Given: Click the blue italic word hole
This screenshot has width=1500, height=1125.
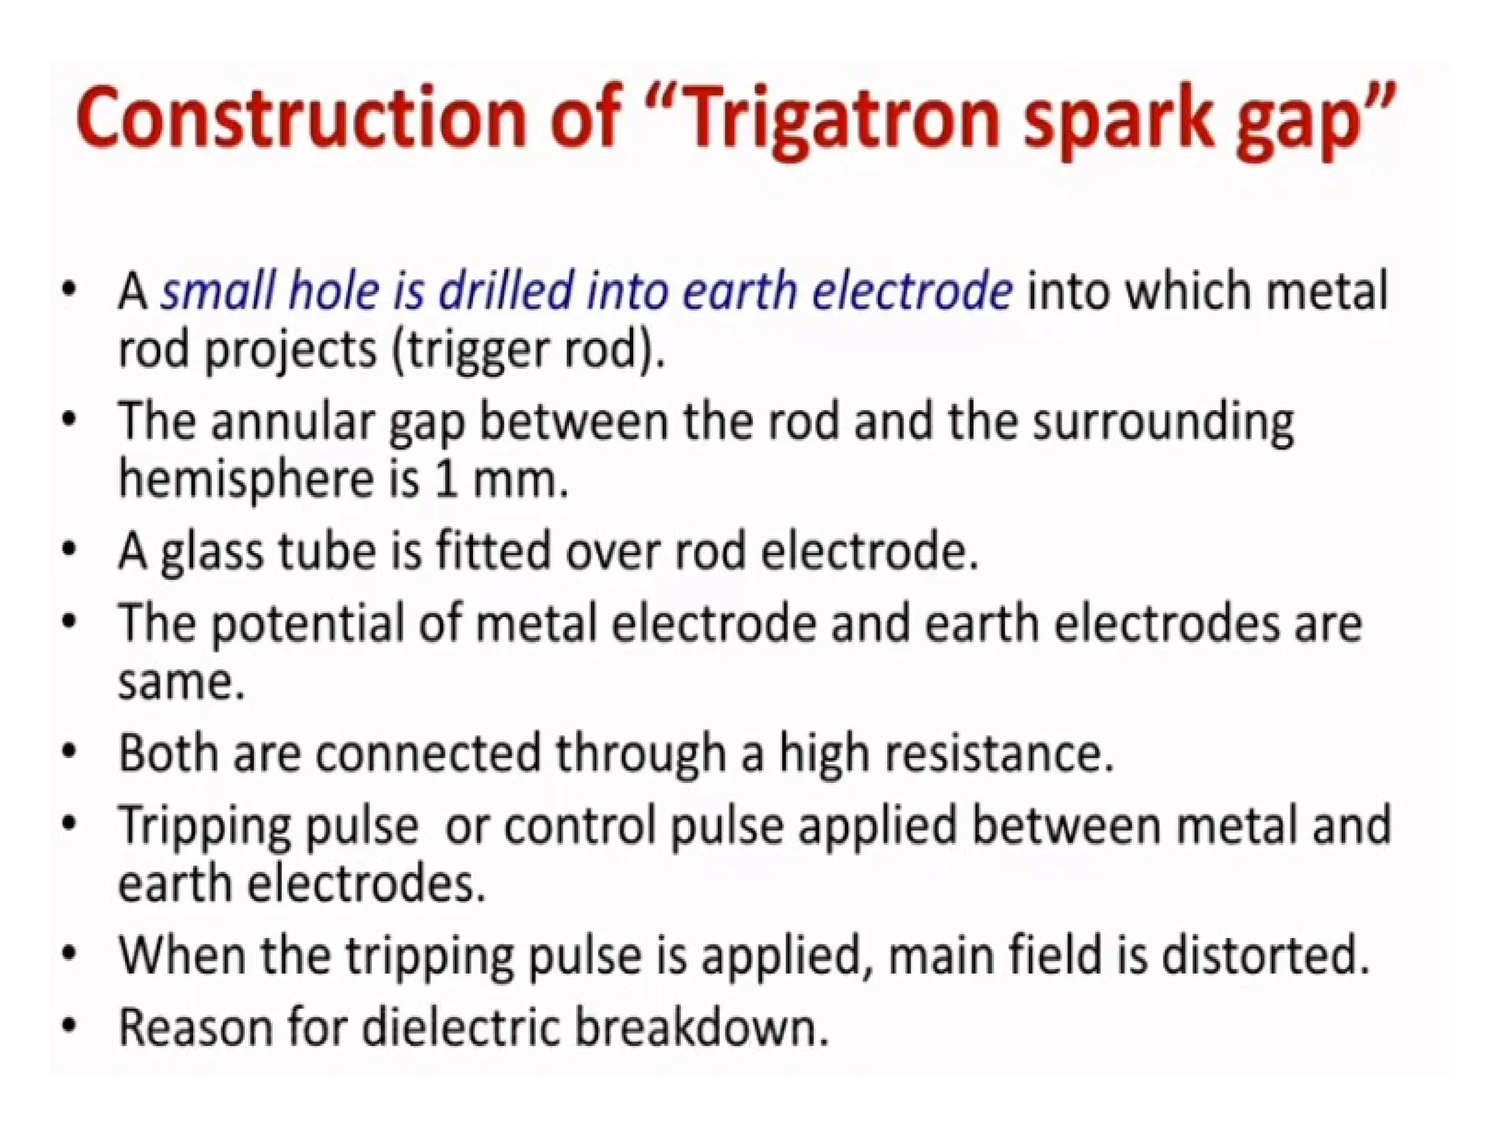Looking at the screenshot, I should (x=335, y=292).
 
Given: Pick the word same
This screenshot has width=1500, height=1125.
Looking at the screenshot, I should (x=180, y=683).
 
